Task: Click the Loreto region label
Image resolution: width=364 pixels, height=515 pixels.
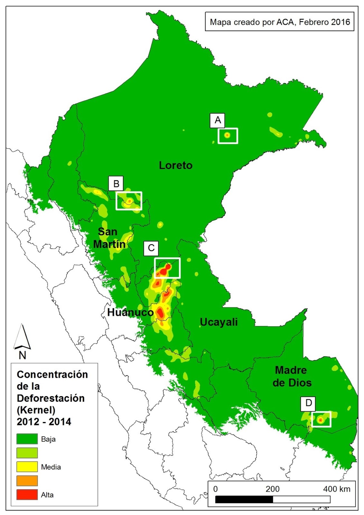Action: (x=176, y=165)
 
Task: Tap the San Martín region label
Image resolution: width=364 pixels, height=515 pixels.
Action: (x=109, y=238)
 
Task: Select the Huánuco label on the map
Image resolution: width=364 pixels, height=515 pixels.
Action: (x=130, y=312)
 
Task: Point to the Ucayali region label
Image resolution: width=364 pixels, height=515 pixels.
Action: (x=219, y=322)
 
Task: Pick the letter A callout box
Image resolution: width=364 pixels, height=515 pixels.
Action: (x=218, y=120)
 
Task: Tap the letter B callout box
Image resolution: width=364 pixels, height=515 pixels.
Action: (x=116, y=183)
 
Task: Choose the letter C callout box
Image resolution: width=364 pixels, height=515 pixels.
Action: (x=151, y=248)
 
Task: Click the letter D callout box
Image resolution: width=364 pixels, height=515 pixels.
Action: (x=308, y=403)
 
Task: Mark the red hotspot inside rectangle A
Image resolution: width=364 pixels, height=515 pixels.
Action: (x=227, y=136)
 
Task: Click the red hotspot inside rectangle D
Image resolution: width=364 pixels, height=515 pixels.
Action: (x=320, y=420)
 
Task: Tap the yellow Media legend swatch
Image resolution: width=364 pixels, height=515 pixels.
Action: (x=27, y=467)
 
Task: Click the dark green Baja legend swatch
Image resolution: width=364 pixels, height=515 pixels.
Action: (x=27, y=439)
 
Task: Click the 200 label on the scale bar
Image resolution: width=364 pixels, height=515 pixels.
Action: (x=272, y=489)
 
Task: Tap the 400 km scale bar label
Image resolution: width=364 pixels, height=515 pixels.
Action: (x=337, y=489)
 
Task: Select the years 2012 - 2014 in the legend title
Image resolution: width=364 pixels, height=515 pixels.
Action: (x=44, y=422)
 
